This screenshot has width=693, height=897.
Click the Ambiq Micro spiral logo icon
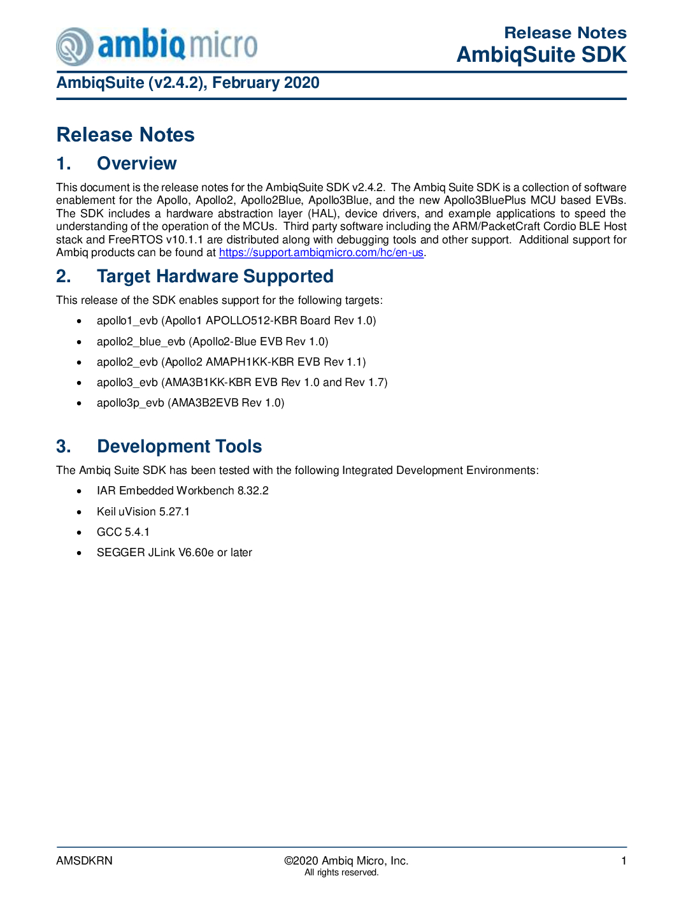[75, 47]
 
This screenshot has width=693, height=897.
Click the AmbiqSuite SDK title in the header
[541, 55]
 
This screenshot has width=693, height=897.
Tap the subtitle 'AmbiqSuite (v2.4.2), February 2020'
[188, 83]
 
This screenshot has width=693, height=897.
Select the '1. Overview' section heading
[116, 164]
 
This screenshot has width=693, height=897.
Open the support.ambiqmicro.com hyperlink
[321, 252]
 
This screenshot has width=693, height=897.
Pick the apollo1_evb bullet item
[236, 320]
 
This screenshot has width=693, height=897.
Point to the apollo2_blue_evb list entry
[212, 341]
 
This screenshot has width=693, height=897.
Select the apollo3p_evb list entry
[190, 403]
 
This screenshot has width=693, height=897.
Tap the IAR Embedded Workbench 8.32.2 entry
[182, 491]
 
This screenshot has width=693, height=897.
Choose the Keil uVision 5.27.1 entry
[143, 512]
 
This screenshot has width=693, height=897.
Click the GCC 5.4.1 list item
[123, 532]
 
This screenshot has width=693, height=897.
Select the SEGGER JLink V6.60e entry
[174, 552]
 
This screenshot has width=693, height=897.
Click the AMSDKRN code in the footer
[84, 861]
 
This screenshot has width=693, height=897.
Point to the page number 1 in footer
[624, 861]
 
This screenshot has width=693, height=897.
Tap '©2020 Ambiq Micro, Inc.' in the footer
[346, 861]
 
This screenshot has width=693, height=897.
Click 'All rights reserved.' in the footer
[341, 873]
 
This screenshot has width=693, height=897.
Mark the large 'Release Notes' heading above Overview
[125, 135]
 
